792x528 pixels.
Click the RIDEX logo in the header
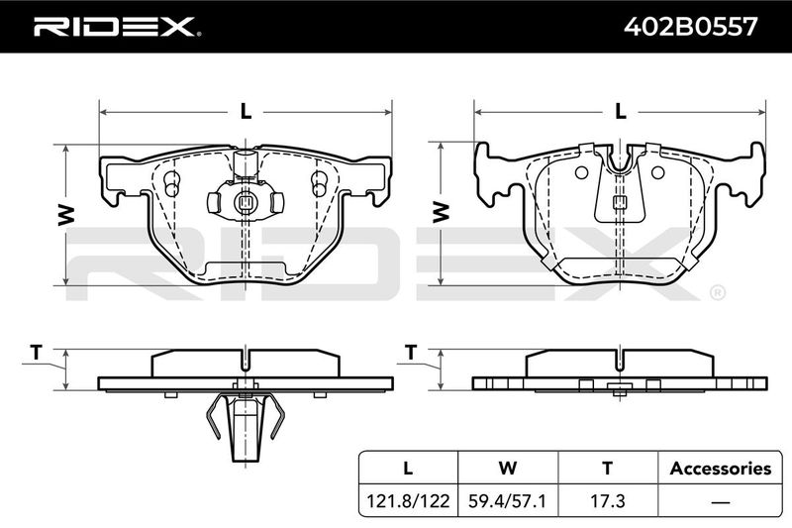tap(117, 27)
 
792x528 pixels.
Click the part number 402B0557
tap(690, 27)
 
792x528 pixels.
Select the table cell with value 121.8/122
tap(408, 500)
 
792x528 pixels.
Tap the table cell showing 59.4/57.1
tap(507, 500)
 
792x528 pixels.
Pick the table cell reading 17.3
tap(608, 500)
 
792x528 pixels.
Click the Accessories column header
tap(721, 468)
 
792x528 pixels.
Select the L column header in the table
tap(408, 468)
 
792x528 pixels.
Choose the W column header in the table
tap(507, 468)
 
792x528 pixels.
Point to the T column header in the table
tap(608, 468)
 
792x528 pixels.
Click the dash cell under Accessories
tap(721, 501)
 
